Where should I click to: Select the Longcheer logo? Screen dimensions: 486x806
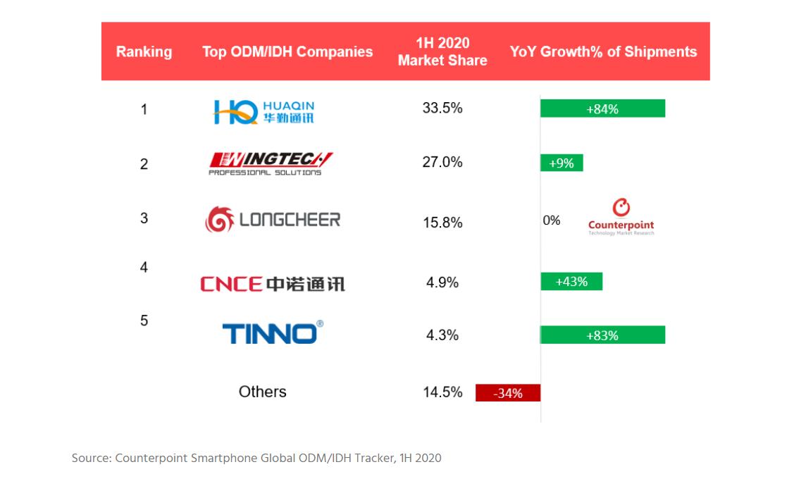(x=273, y=220)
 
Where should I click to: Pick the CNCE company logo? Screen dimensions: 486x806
(x=273, y=284)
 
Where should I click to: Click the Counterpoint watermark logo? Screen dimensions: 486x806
(x=621, y=217)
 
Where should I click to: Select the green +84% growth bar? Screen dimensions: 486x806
(x=602, y=108)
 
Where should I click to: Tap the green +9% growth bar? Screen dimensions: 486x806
(x=562, y=163)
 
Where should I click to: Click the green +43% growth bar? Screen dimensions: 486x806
(x=571, y=282)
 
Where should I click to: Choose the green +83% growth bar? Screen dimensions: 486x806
(x=602, y=335)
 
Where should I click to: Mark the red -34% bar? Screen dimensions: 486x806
(x=508, y=393)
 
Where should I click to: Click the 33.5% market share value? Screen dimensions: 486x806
(x=442, y=108)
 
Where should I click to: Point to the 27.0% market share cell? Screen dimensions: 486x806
(x=442, y=162)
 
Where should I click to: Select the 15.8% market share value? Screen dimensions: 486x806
(x=442, y=223)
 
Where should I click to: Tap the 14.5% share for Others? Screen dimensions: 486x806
(x=442, y=392)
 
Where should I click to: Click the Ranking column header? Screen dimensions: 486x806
(x=144, y=51)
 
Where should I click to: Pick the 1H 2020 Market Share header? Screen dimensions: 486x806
(x=442, y=51)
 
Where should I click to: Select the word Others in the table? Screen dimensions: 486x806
(x=262, y=392)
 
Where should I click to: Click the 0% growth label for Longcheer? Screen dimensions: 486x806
(x=552, y=220)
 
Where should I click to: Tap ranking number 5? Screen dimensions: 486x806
(x=144, y=320)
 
